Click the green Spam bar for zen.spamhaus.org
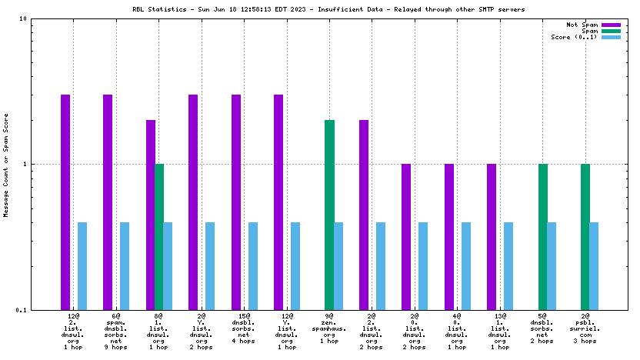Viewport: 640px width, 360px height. coord(329,215)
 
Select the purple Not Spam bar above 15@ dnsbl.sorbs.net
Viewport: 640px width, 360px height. coord(236,202)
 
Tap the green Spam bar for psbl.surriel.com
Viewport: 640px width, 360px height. coord(585,236)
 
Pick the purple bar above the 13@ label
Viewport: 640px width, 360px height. coord(491,236)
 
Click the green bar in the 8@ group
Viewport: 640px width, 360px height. coord(159,236)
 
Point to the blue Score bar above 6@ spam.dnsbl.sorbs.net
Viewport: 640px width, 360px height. coord(125,265)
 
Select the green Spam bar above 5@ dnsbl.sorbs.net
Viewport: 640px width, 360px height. coord(542,236)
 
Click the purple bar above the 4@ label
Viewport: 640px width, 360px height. coord(448,236)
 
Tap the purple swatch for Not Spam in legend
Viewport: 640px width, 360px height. coord(611,25)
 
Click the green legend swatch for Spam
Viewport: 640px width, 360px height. coord(611,31)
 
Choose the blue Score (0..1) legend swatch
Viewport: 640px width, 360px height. coord(611,37)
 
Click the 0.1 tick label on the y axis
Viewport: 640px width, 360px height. coord(43,310)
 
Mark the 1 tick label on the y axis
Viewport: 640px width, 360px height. coord(47,164)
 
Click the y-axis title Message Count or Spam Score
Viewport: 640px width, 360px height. coord(5,164)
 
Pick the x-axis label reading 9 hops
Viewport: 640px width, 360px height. coord(115,341)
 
